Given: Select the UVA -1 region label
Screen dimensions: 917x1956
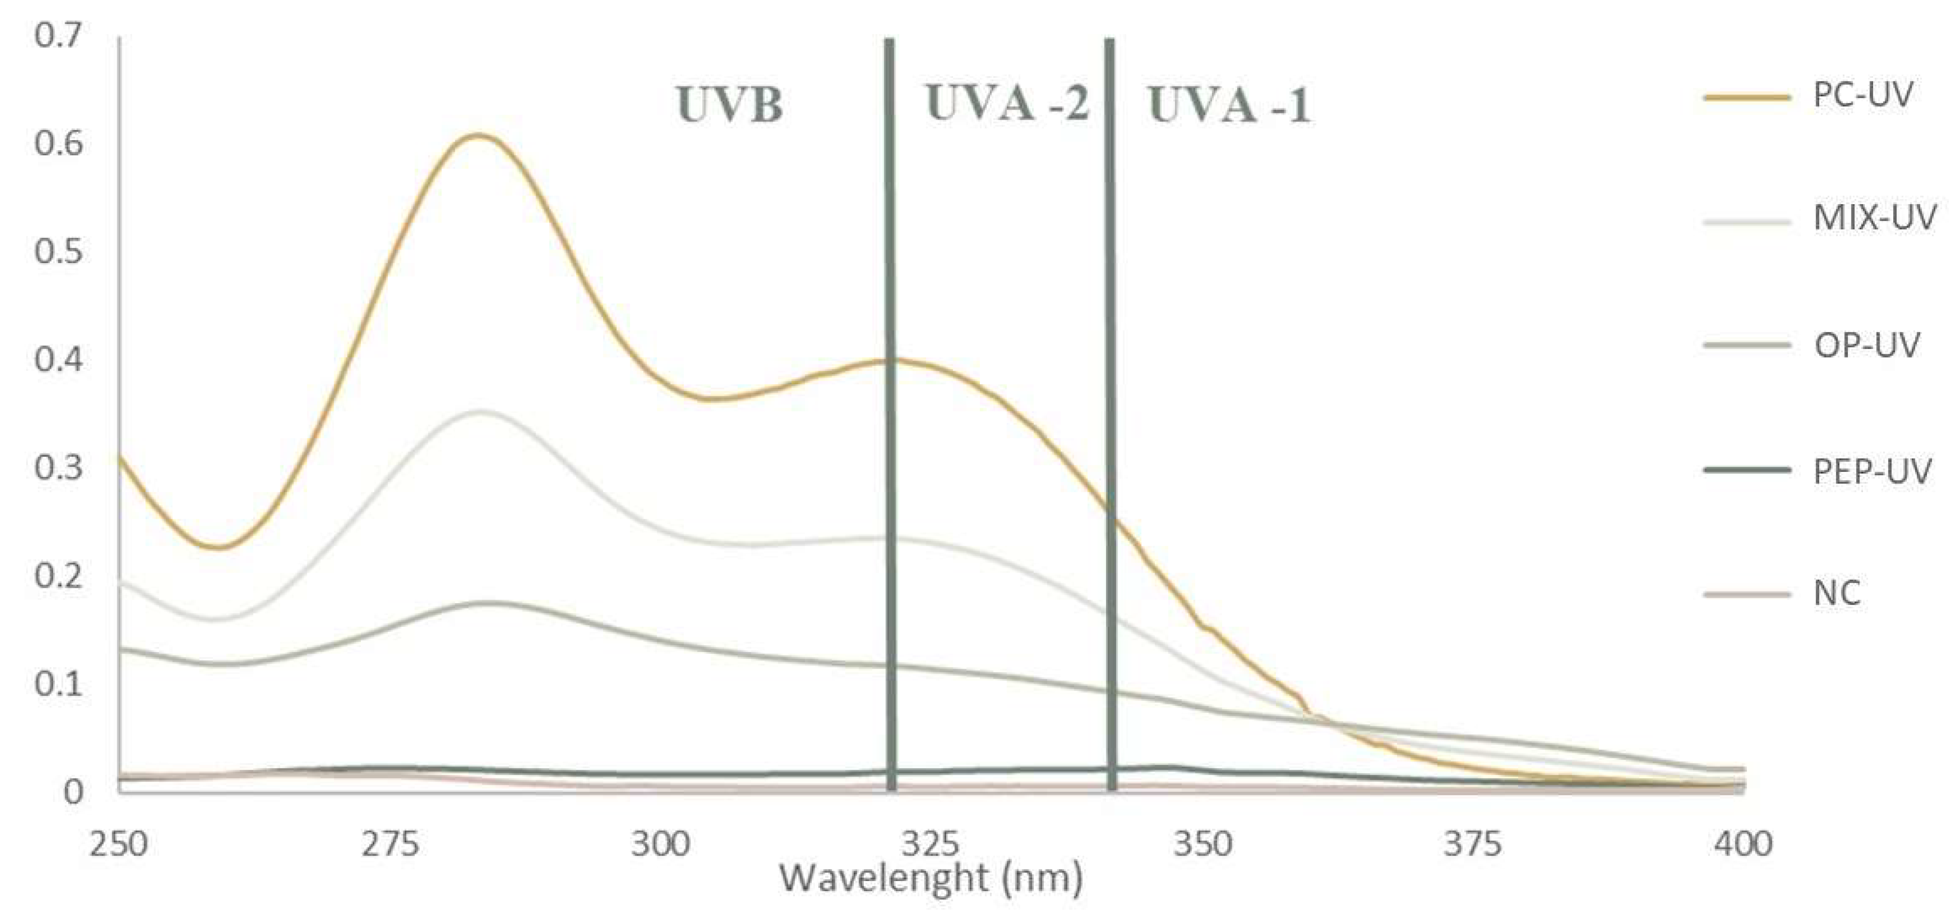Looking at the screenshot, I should tap(1228, 105).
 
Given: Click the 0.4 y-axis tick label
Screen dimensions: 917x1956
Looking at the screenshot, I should tap(58, 360).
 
